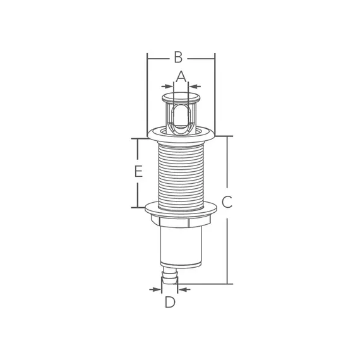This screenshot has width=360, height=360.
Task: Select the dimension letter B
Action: (178, 57)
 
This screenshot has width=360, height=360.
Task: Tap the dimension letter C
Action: (227, 203)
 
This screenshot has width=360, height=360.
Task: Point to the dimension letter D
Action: (169, 303)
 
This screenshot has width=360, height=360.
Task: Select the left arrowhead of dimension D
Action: (158, 289)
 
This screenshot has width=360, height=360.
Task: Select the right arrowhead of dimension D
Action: (181, 289)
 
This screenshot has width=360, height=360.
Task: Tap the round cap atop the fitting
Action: (180, 98)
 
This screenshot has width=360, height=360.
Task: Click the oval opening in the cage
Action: (180, 118)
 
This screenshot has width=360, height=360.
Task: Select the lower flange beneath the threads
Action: (180, 207)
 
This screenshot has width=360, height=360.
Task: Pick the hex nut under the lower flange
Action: (180, 222)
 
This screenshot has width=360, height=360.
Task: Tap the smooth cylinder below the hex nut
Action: (180, 246)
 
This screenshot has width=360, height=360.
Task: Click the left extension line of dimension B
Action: (147, 95)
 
